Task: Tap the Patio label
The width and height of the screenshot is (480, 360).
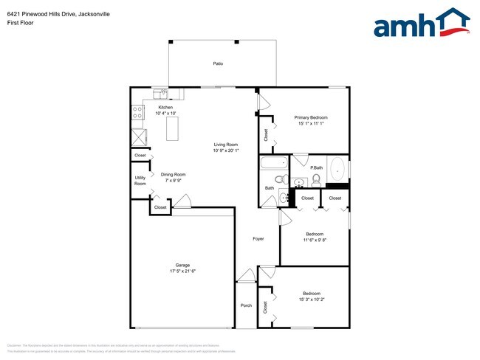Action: (218, 64)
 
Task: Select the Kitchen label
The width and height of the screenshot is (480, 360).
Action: (165, 108)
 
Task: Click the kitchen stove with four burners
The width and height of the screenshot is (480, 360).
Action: (138, 113)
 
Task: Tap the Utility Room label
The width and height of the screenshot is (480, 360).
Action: (140, 180)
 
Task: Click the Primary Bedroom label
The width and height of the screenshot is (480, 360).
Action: (310, 118)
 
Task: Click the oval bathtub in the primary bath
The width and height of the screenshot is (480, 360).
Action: (337, 170)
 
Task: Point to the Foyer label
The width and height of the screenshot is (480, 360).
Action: (258, 238)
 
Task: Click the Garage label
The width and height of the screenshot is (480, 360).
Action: (182, 265)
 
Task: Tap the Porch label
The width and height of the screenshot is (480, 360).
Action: (246, 305)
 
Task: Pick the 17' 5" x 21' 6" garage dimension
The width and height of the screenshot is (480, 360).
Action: (182, 271)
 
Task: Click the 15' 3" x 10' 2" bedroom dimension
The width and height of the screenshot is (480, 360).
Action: (310, 300)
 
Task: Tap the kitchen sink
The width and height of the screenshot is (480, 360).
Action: (161, 93)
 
